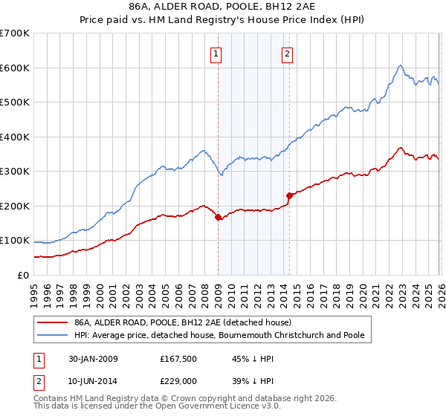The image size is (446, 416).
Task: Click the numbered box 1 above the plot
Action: [x=216, y=53]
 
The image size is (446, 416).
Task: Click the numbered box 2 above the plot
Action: [x=287, y=53]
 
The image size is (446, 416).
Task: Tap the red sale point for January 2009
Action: [x=218, y=218]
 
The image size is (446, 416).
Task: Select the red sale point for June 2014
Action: [x=288, y=196]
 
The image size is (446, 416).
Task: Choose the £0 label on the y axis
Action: [x=24, y=275]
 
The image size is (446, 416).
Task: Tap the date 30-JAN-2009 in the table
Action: [x=92, y=359]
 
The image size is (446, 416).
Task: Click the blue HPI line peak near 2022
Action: [x=400, y=65]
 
